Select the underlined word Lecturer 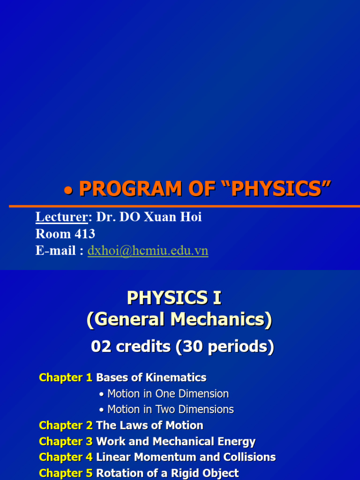pyautogui.click(x=62, y=217)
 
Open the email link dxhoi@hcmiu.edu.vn pyautogui.click(x=148, y=251)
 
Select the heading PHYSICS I pyautogui.click(x=174, y=298)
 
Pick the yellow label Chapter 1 pyautogui.click(x=66, y=378)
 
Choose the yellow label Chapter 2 pyautogui.click(x=66, y=426)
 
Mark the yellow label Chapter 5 pyautogui.click(x=66, y=473)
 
